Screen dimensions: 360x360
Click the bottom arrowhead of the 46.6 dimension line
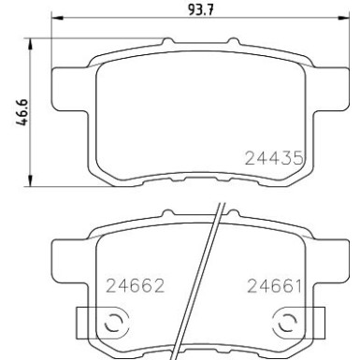tap(36, 180)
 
